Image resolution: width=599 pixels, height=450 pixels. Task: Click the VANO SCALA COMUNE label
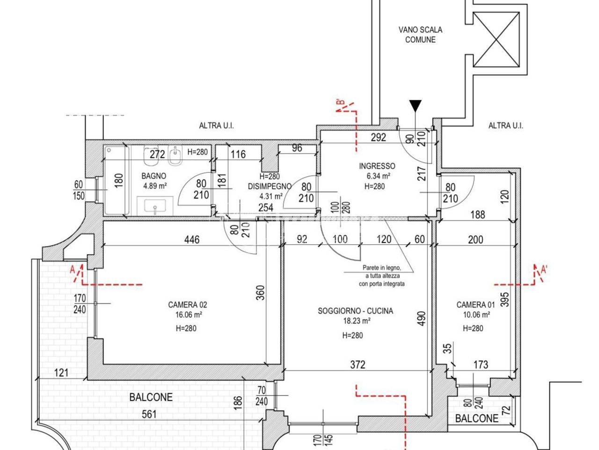click(420, 35)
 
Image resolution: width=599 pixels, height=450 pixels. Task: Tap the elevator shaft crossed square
click(496, 39)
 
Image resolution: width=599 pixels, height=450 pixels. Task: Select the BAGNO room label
click(153, 176)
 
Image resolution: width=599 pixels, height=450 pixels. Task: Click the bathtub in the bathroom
click(116, 180)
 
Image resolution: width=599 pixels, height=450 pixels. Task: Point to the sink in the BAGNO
click(155, 206)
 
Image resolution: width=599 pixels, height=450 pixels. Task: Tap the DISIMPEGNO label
click(270, 187)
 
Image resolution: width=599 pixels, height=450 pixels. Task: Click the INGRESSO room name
click(377, 166)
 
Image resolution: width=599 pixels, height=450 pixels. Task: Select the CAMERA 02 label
click(188, 304)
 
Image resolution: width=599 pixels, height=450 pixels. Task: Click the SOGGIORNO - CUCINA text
click(355, 311)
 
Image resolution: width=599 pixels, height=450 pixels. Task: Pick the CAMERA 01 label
click(475, 304)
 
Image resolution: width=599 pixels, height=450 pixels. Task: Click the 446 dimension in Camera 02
click(192, 240)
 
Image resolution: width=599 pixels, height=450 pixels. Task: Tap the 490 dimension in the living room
click(422, 318)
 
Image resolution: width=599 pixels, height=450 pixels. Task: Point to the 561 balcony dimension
click(149, 414)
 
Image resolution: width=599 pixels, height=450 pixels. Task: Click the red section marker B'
click(341, 103)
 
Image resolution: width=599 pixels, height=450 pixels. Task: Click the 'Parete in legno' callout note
click(381, 276)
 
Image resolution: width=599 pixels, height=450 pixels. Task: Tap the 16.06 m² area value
click(188, 315)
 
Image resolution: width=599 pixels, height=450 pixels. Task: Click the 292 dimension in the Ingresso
click(378, 137)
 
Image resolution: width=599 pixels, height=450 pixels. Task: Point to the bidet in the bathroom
click(175, 156)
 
